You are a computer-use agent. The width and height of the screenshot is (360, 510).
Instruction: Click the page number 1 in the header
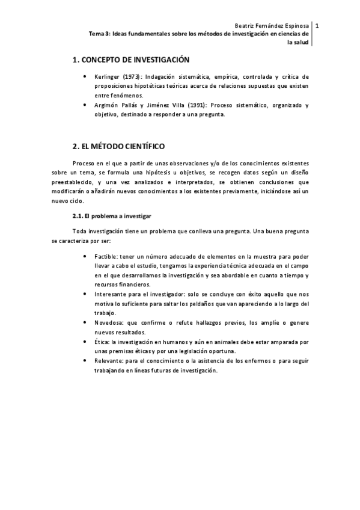click(317, 26)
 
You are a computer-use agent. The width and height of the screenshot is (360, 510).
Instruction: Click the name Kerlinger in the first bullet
click(108, 77)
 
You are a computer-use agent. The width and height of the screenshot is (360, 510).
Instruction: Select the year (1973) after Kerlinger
click(134, 77)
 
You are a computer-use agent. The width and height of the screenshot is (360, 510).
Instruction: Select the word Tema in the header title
click(96, 34)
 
